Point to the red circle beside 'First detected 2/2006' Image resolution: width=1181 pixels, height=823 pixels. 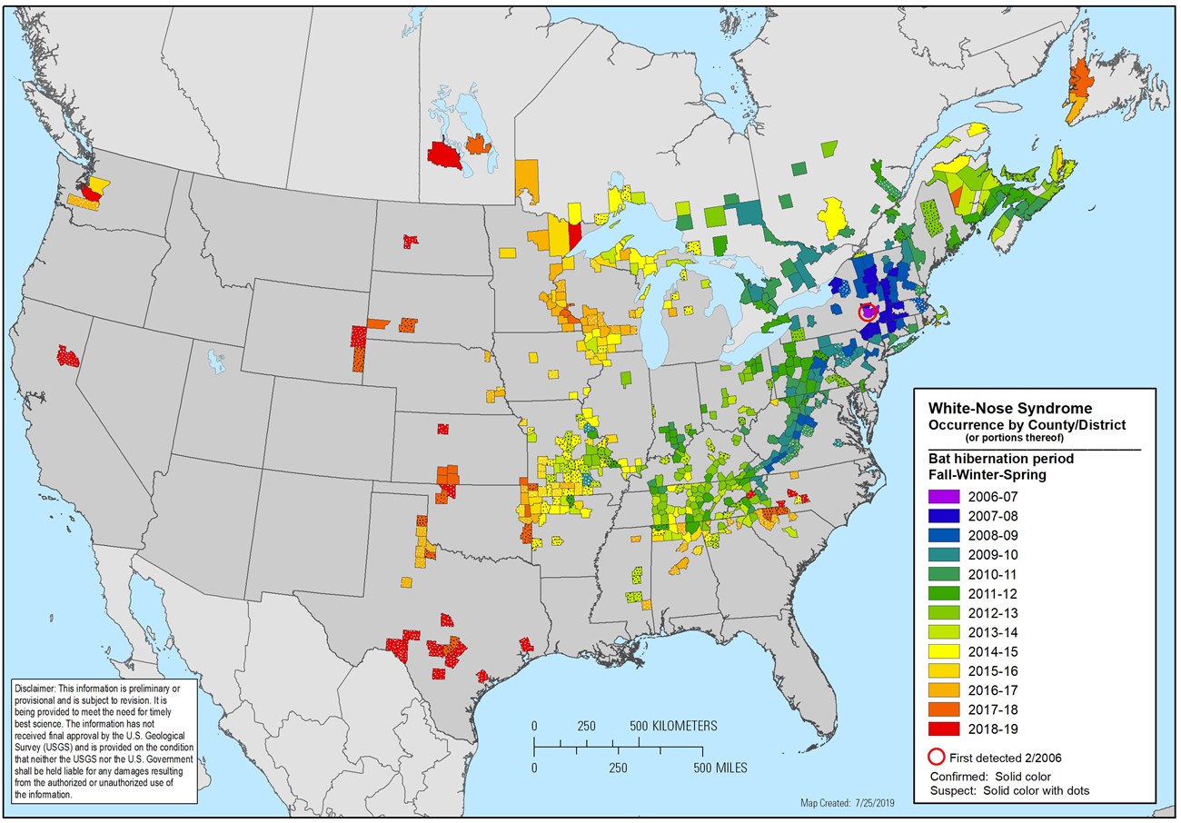click(x=936, y=757)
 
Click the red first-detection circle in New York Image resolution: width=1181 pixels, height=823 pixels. click(x=868, y=312)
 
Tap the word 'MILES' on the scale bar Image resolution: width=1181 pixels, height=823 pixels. click(x=720, y=768)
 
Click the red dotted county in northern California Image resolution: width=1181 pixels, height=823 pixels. click(x=68, y=355)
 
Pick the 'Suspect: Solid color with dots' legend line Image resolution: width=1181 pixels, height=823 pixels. click(x=1009, y=790)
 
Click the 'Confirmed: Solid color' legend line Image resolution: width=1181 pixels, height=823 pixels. click(x=990, y=777)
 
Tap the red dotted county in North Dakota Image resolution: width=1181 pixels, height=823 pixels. click(x=412, y=241)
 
